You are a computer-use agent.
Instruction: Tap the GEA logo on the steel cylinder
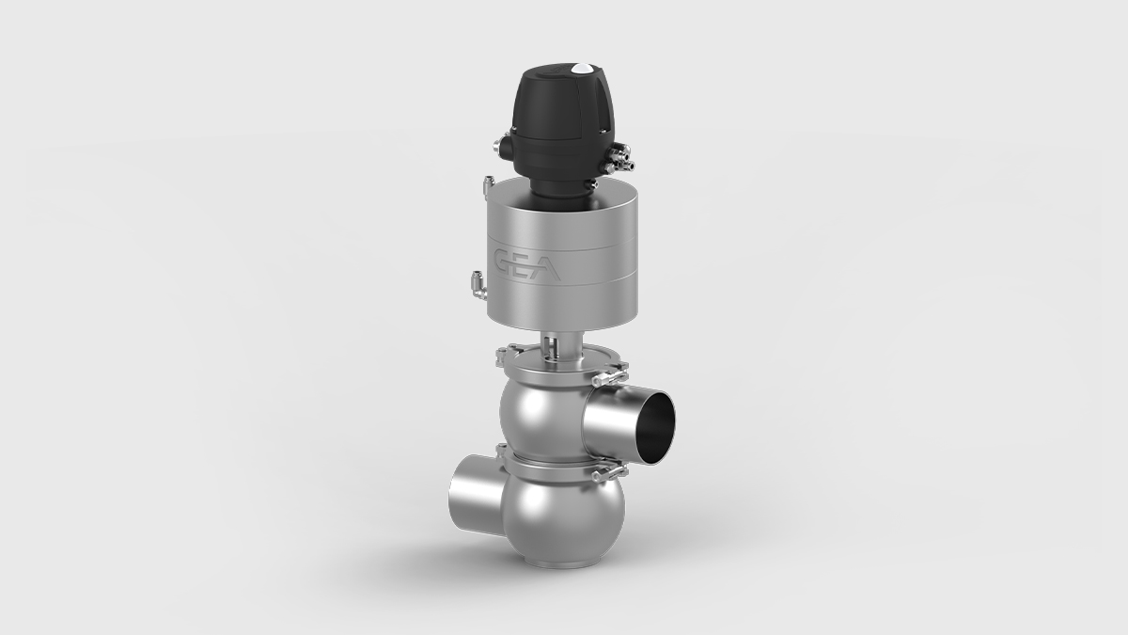point(527,262)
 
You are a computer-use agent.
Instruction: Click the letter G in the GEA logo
point(506,259)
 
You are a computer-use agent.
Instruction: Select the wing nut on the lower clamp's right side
point(607,476)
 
